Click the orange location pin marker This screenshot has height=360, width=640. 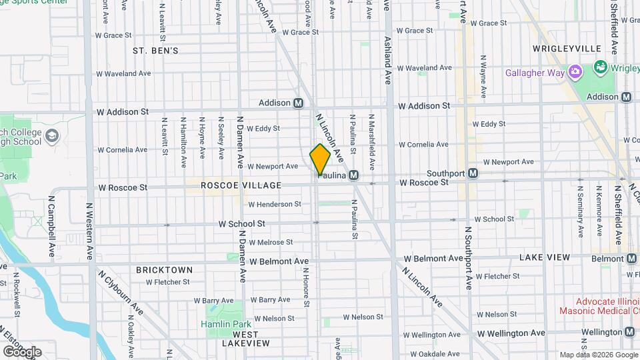point(320,159)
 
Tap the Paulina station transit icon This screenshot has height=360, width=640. point(354,175)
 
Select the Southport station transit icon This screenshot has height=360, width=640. point(473,173)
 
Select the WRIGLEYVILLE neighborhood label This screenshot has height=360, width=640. point(567,49)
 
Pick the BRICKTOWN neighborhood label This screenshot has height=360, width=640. point(164,270)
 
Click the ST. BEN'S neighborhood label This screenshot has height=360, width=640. point(155,51)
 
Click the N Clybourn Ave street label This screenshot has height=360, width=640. point(120,291)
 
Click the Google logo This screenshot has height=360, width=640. point(23,351)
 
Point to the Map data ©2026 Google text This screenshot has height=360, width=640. point(598,355)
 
